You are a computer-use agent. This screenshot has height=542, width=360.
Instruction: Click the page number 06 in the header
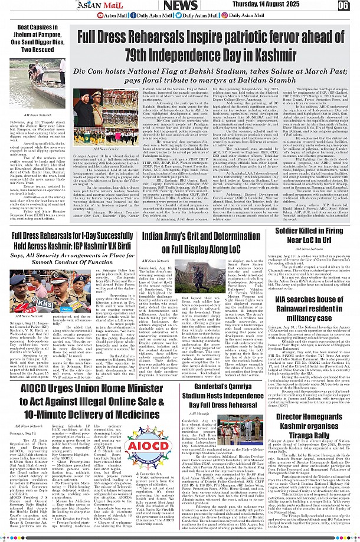coord(344,6)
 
